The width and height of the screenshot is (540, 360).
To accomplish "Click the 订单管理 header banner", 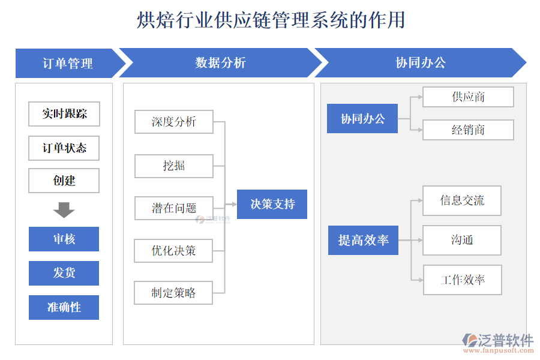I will [x=67, y=63].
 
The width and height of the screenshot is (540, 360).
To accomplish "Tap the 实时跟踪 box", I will [x=64, y=114].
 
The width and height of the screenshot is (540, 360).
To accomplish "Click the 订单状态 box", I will [x=64, y=148].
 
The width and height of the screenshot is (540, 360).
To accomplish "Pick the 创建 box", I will [x=64, y=181].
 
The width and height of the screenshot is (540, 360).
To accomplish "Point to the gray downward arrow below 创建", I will [x=64, y=210].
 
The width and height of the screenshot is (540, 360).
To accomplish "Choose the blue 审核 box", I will [x=64, y=239].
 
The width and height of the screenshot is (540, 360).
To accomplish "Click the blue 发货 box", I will [x=64, y=273].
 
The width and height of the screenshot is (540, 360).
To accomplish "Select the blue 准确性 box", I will [x=64, y=307].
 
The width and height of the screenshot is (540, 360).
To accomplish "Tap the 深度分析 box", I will [x=174, y=122].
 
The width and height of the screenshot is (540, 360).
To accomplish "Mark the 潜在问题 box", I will [x=174, y=208].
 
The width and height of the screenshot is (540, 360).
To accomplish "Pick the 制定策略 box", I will [x=174, y=293].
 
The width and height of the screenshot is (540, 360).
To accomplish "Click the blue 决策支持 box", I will [x=272, y=205].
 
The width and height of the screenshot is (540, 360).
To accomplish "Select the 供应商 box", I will [x=468, y=97].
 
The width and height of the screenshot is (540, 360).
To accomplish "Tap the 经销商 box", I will [x=468, y=130].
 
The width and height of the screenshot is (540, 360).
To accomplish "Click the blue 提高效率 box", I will [x=363, y=240].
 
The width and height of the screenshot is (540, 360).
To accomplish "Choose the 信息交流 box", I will [x=462, y=200].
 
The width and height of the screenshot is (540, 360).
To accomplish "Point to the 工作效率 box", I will [x=462, y=280].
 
